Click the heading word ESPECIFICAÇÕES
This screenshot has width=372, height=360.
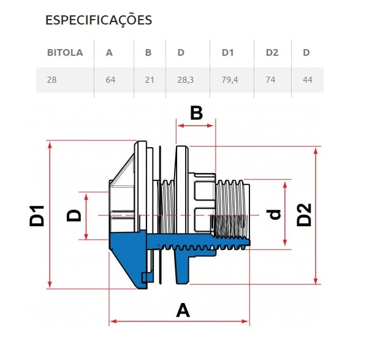tap(99, 20)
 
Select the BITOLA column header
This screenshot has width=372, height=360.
tap(65, 53)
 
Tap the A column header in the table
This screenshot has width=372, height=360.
tap(109, 53)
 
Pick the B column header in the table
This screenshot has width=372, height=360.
tap(148, 53)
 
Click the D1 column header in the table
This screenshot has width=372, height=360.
tap(228, 53)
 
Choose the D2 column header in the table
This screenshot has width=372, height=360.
tap(272, 53)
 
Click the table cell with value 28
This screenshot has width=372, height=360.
tap(52, 80)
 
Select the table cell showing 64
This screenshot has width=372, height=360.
tap(110, 80)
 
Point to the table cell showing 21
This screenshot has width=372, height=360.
tap(149, 80)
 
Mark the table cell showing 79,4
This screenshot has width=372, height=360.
tap(230, 80)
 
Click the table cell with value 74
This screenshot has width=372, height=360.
tap(271, 80)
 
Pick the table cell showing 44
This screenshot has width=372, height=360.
tap(307, 80)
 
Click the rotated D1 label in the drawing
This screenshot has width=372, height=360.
tap(38, 215)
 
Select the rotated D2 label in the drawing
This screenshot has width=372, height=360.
tap(305, 215)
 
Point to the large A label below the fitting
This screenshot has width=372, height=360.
tap(183, 310)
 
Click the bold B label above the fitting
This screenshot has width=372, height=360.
tap(196, 113)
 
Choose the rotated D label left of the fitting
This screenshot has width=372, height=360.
tap(74, 216)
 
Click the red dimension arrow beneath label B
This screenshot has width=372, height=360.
tap(195, 126)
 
